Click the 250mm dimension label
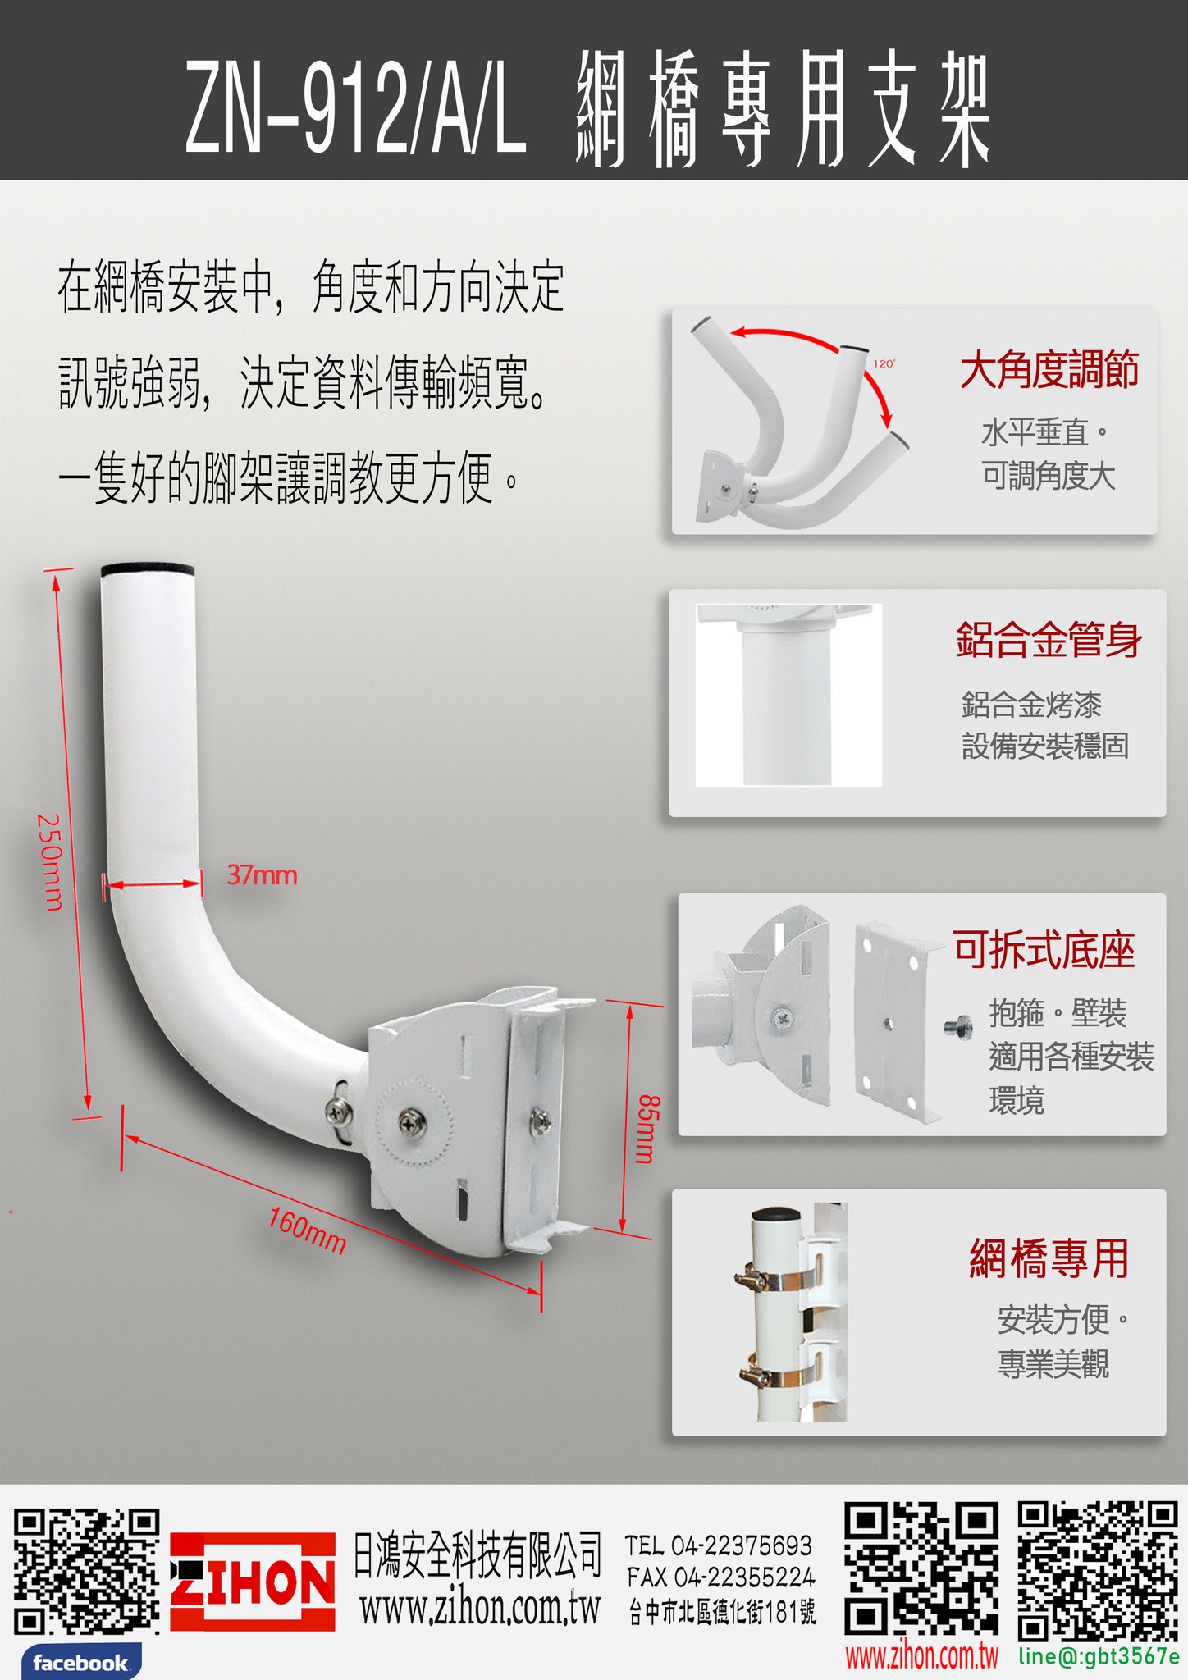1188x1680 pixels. (x=50, y=861)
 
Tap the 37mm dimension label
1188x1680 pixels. (x=262, y=875)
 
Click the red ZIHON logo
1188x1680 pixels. (x=253, y=1581)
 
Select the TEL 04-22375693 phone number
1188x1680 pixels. (x=719, y=1545)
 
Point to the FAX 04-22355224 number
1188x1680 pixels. (x=720, y=1577)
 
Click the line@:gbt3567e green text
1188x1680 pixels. (x=1099, y=1655)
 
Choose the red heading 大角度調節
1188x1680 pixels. (x=1049, y=369)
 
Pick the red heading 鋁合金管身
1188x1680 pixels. (x=1049, y=640)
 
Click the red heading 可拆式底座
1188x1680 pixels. (x=1044, y=950)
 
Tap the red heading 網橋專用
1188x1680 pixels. (x=1049, y=1259)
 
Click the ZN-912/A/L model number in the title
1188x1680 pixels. (x=354, y=105)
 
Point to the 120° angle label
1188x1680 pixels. (x=884, y=363)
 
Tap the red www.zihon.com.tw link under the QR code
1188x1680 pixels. (x=922, y=1655)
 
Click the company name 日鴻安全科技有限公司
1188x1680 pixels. (x=477, y=1555)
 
